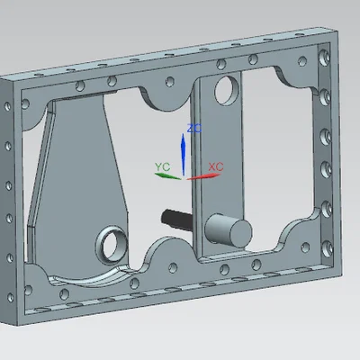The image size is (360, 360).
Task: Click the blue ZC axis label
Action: tap(194, 129)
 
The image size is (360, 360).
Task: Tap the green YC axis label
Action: tap(162, 166)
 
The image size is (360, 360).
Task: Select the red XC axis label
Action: tap(216, 166)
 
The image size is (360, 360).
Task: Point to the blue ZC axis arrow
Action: tap(183, 155)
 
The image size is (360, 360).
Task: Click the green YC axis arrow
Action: tap(167, 176)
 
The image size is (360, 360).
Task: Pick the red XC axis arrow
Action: tap(204, 176)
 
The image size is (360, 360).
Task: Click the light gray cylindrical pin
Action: tap(229, 230)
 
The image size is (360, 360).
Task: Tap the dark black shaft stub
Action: tap(177, 219)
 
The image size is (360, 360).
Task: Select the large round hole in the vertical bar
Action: tap(227, 91)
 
